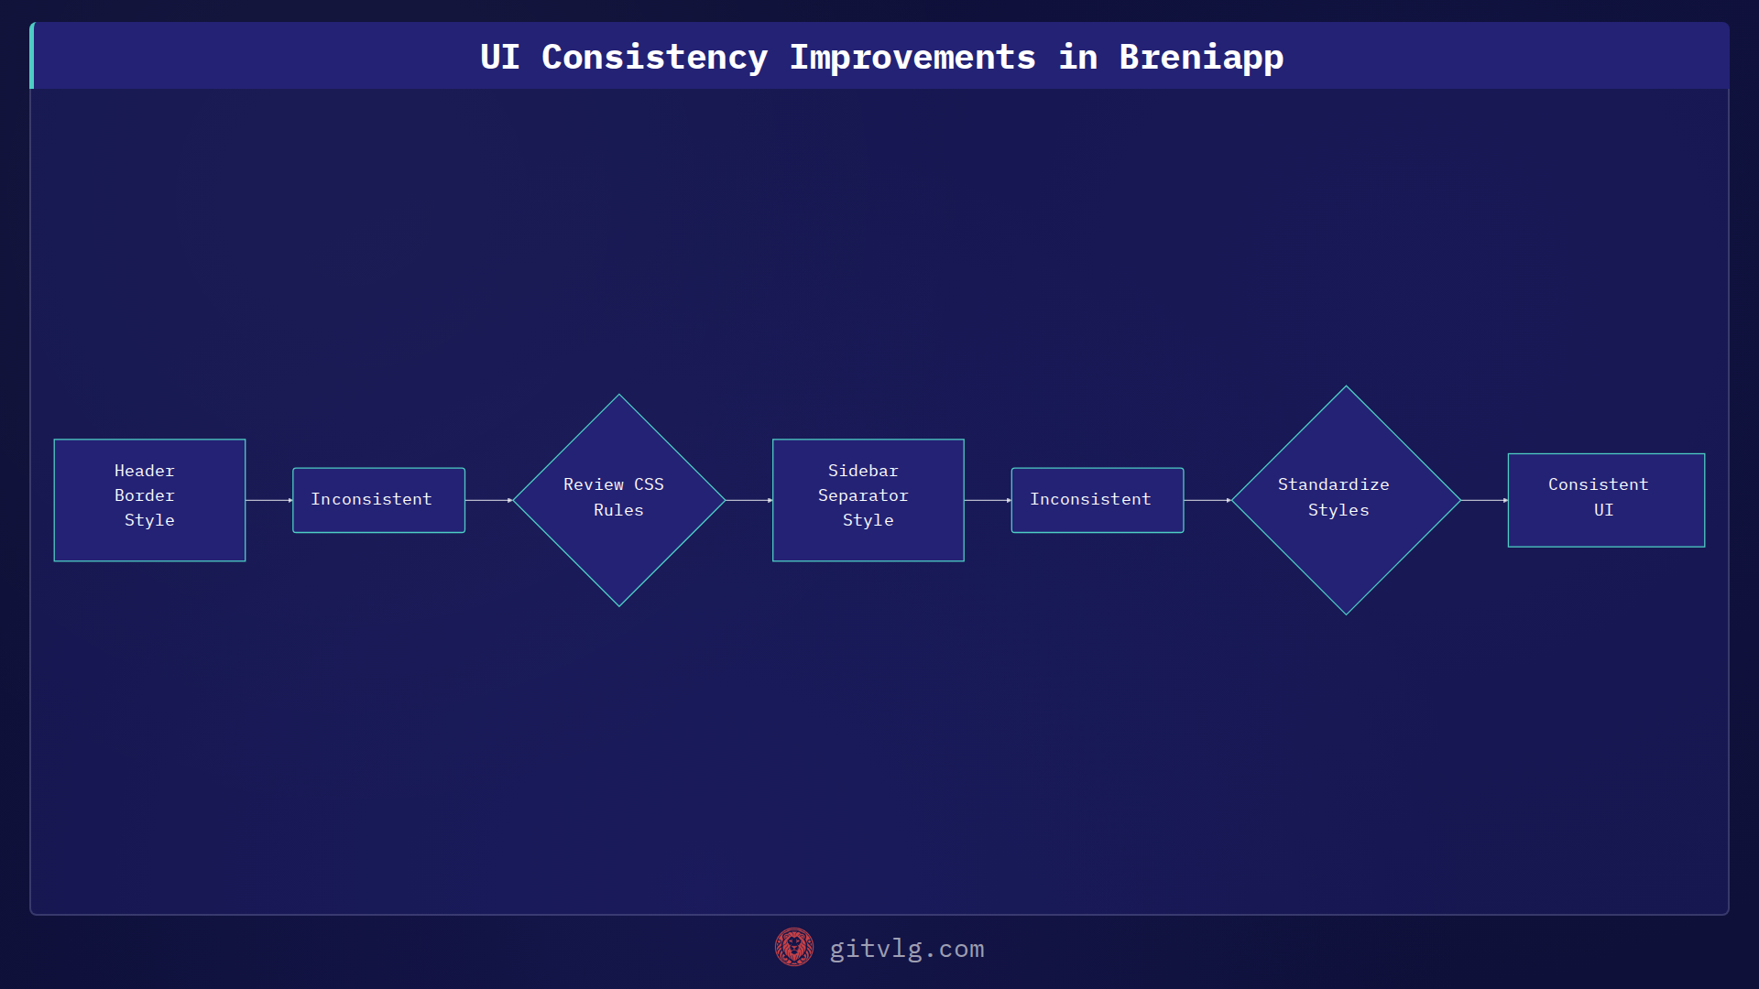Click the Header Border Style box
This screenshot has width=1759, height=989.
(x=149, y=500)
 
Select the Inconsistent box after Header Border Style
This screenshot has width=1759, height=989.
(x=378, y=500)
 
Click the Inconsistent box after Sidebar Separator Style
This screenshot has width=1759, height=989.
(x=1097, y=500)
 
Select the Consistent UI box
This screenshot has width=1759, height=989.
(x=1606, y=500)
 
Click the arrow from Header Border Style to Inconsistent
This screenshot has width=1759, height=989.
(x=268, y=500)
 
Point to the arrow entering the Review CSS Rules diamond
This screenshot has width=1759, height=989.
(x=488, y=500)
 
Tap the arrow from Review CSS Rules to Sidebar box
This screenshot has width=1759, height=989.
(x=748, y=500)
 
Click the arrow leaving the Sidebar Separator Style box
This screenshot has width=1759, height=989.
(x=987, y=500)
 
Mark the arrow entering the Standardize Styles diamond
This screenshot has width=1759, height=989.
(x=1207, y=500)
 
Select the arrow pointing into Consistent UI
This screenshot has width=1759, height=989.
(x=1484, y=500)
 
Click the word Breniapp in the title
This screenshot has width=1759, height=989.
(x=1201, y=57)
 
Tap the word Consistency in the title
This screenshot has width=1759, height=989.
(x=654, y=57)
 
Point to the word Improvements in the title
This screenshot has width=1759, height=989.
(x=912, y=57)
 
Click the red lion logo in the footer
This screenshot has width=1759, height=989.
(x=793, y=947)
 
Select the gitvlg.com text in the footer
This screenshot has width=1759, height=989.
(x=906, y=949)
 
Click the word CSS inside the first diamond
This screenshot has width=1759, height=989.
(x=649, y=484)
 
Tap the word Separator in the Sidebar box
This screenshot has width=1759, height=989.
(x=863, y=495)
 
